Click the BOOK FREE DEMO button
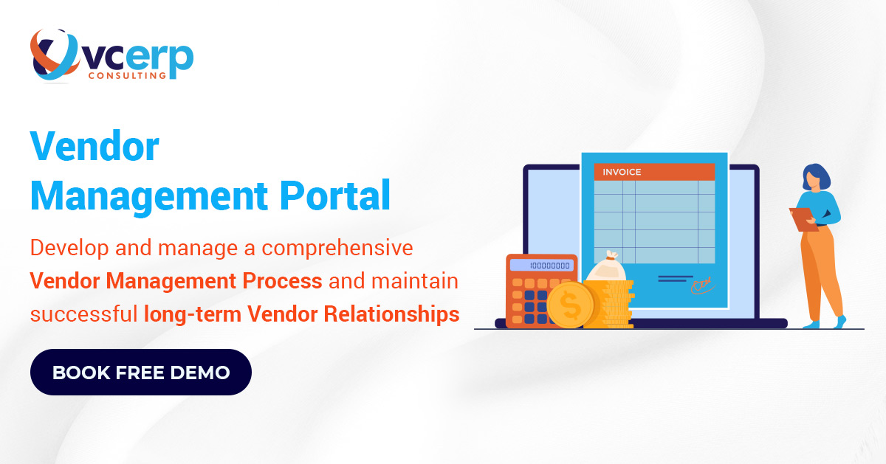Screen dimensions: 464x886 click(x=140, y=373)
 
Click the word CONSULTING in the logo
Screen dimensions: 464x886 click(x=126, y=75)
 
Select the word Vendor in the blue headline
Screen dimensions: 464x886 click(x=94, y=147)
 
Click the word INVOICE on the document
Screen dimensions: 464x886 click(x=622, y=173)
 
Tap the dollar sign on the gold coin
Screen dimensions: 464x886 click(x=570, y=305)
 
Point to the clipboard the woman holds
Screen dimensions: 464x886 click(x=802, y=219)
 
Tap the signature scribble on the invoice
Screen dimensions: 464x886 click(x=700, y=283)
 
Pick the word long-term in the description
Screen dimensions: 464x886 click(x=193, y=314)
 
